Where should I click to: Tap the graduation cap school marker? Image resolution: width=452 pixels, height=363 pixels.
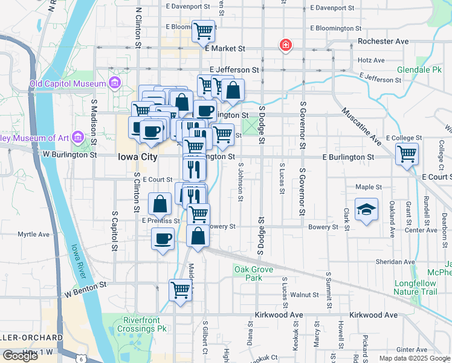point(366,209)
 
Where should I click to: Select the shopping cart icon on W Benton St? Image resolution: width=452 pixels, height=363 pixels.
point(180,291)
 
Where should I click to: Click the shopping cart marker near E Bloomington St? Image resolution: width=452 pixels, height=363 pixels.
point(203,31)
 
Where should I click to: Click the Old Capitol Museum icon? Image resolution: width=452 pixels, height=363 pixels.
point(114,83)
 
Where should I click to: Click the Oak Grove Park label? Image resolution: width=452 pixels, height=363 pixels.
point(248,273)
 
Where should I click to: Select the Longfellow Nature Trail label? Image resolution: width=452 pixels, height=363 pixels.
point(415,287)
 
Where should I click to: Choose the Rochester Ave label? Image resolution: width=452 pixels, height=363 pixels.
point(383,42)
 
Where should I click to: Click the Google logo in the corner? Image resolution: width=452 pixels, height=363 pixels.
point(20,356)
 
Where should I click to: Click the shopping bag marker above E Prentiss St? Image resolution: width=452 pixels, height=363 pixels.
point(160,204)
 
